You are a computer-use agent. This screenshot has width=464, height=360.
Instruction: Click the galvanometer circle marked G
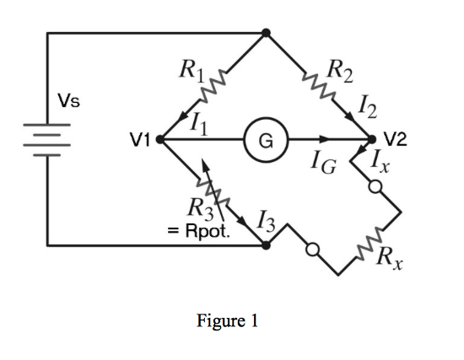tap(265, 140)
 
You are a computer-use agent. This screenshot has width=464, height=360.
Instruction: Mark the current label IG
tap(322, 164)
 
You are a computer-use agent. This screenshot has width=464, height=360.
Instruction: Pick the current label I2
tap(368, 105)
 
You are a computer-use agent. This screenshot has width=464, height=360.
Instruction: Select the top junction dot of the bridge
tap(266, 34)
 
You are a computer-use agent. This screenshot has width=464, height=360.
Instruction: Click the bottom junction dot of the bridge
tap(266, 245)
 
